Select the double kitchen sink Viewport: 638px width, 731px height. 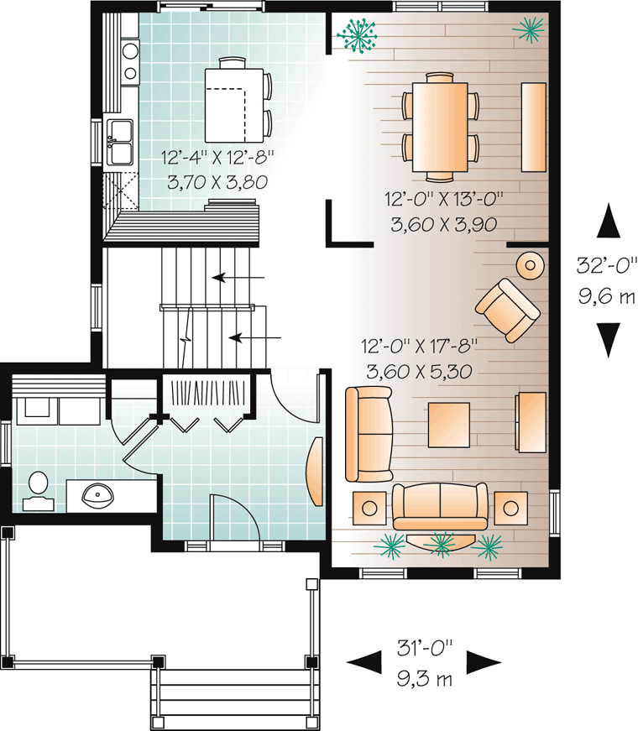[x=120, y=142]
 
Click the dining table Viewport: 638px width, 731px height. [x=440, y=127]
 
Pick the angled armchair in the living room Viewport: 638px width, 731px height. [x=508, y=311]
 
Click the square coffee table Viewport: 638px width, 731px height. [x=448, y=425]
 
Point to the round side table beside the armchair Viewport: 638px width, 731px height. [x=531, y=265]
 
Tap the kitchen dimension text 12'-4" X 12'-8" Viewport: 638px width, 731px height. [x=217, y=157]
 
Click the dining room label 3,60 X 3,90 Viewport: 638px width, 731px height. [x=444, y=225]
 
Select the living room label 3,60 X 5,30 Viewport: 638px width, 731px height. [x=420, y=372]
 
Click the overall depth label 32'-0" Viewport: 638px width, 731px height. [x=607, y=265]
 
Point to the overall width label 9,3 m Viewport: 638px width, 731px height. [x=425, y=678]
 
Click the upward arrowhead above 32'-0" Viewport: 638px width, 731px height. [x=609, y=221]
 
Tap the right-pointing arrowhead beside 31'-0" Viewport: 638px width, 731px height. [x=484, y=662]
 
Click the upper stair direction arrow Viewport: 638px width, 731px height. [x=238, y=278]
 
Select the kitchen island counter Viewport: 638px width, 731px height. [x=234, y=105]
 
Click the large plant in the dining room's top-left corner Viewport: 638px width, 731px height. [x=358, y=34]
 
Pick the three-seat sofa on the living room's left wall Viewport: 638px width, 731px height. [x=369, y=434]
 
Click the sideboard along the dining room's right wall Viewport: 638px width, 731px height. [x=534, y=128]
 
